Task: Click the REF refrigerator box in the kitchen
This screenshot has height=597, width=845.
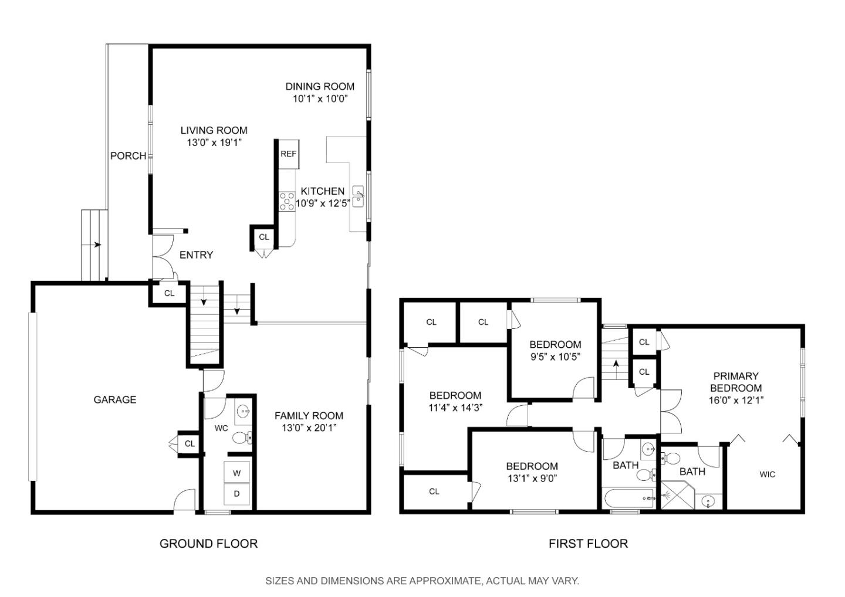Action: pos(288,154)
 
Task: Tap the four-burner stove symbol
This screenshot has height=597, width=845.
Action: pos(287,201)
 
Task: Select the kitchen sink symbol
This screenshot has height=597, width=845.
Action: pos(358,196)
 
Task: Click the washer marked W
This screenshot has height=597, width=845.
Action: pos(237,473)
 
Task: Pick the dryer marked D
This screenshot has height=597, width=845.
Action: pos(237,494)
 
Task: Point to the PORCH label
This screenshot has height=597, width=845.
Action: pos(128,156)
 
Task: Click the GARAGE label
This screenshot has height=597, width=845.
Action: pos(115,400)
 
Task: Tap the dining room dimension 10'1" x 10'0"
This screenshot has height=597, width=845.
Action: pos(320,99)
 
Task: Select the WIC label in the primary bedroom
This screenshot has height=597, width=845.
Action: pos(767,474)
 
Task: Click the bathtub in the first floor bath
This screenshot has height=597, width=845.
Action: pos(629,499)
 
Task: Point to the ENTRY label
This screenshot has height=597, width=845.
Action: pos(196,255)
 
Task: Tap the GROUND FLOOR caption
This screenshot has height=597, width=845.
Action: pos(208,544)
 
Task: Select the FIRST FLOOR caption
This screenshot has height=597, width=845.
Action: pos(588,544)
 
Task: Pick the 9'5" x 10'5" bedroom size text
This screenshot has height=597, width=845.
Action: pos(555,357)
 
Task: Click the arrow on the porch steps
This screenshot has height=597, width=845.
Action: pos(96,245)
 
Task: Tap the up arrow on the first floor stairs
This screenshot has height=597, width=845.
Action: pos(616,364)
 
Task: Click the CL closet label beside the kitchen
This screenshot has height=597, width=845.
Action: pos(264,237)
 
